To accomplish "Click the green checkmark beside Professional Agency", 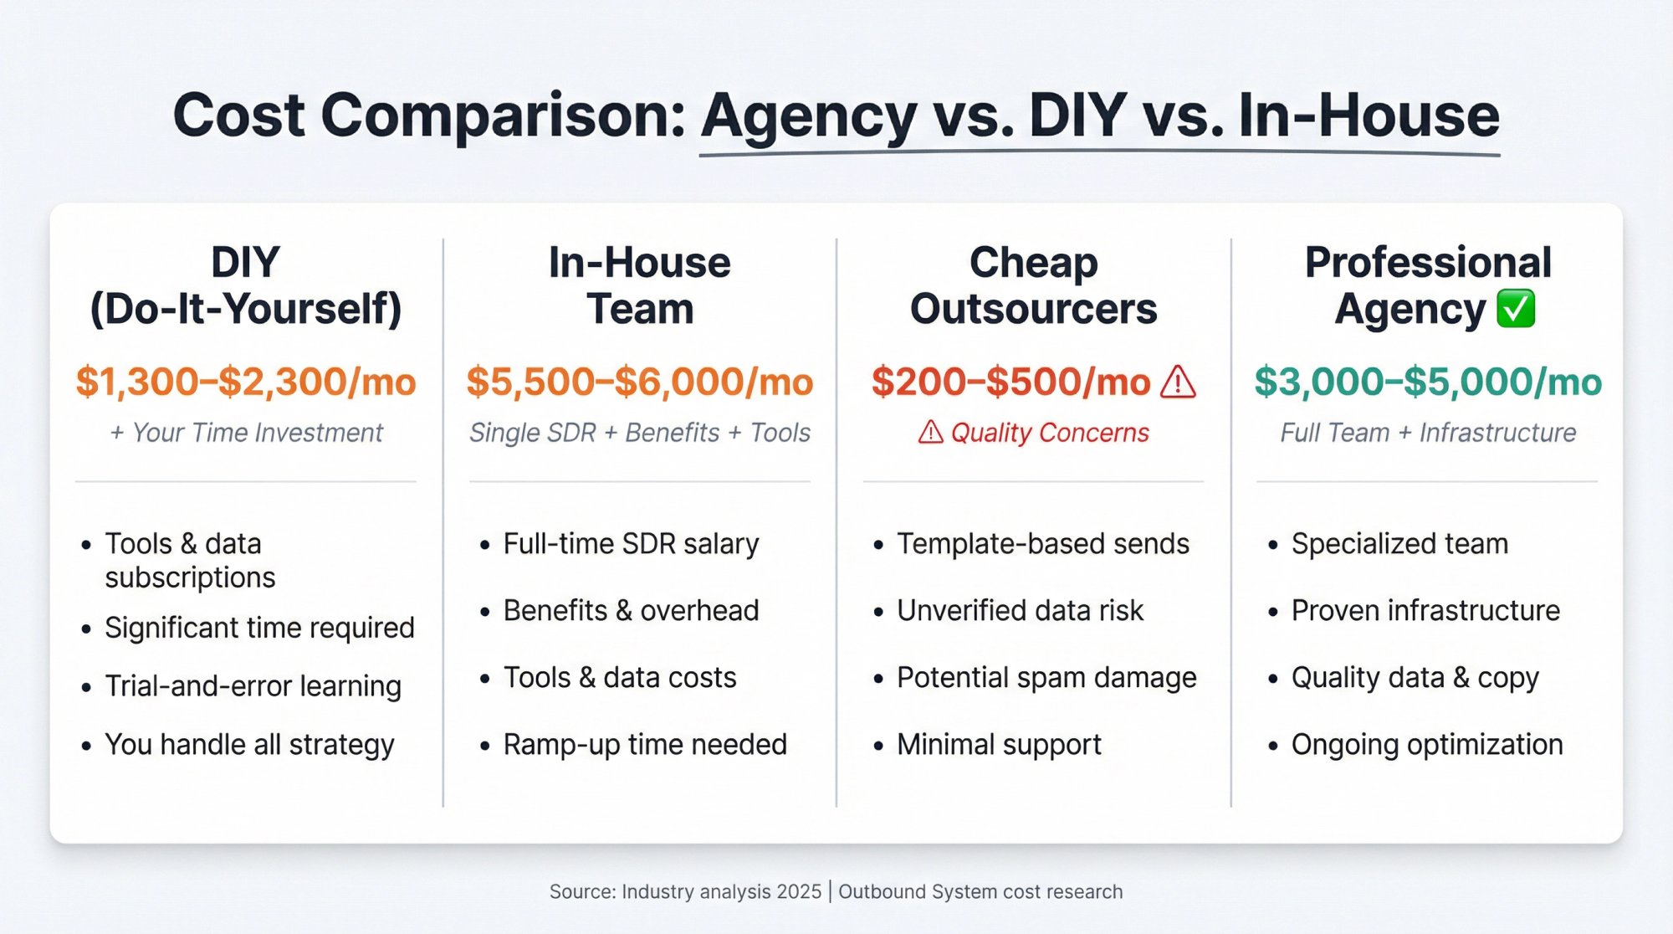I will pyautogui.click(x=1516, y=309).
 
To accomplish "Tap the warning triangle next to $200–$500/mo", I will pyautogui.click(x=1178, y=382).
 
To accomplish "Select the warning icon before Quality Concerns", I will pyautogui.click(x=930, y=433).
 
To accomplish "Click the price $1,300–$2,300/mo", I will pyautogui.click(x=246, y=382).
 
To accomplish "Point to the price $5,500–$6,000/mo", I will pyautogui.click(x=640, y=382).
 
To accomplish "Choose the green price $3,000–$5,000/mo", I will pyautogui.click(x=1427, y=382).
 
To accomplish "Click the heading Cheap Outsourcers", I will pyautogui.click(x=1033, y=285).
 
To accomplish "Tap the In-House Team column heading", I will pyautogui.click(x=640, y=285).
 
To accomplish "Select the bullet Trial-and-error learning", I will pyautogui.click(x=253, y=686).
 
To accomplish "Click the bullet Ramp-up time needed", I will pyautogui.click(x=645, y=745).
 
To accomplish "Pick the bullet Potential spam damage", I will pyautogui.click(x=1046, y=678).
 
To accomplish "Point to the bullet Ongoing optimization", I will pyautogui.click(x=1426, y=745).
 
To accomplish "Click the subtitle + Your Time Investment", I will pyautogui.click(x=246, y=433).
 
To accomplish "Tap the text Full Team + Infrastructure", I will pyautogui.click(x=1427, y=433).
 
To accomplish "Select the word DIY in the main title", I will pyautogui.click(x=1077, y=115).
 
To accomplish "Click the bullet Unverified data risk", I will pyautogui.click(x=1020, y=611).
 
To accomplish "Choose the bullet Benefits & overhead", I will pyautogui.click(x=631, y=611).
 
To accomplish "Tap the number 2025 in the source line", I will pyautogui.click(x=799, y=892).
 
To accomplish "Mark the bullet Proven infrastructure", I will pyautogui.click(x=1425, y=611).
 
